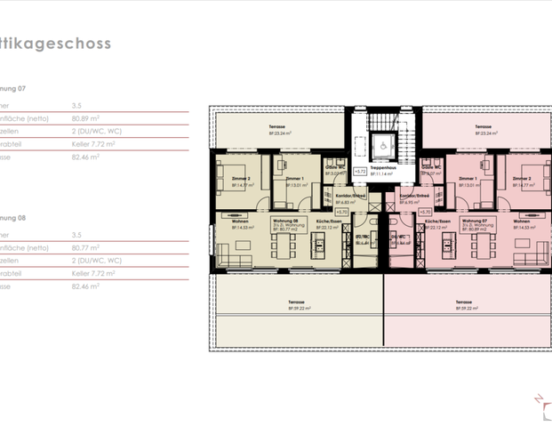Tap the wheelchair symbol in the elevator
(383, 142)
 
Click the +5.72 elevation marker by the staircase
(359, 171)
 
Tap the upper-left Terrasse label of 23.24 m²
(278, 130)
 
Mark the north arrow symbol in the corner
(540, 404)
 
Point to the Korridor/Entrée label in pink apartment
(414, 197)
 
